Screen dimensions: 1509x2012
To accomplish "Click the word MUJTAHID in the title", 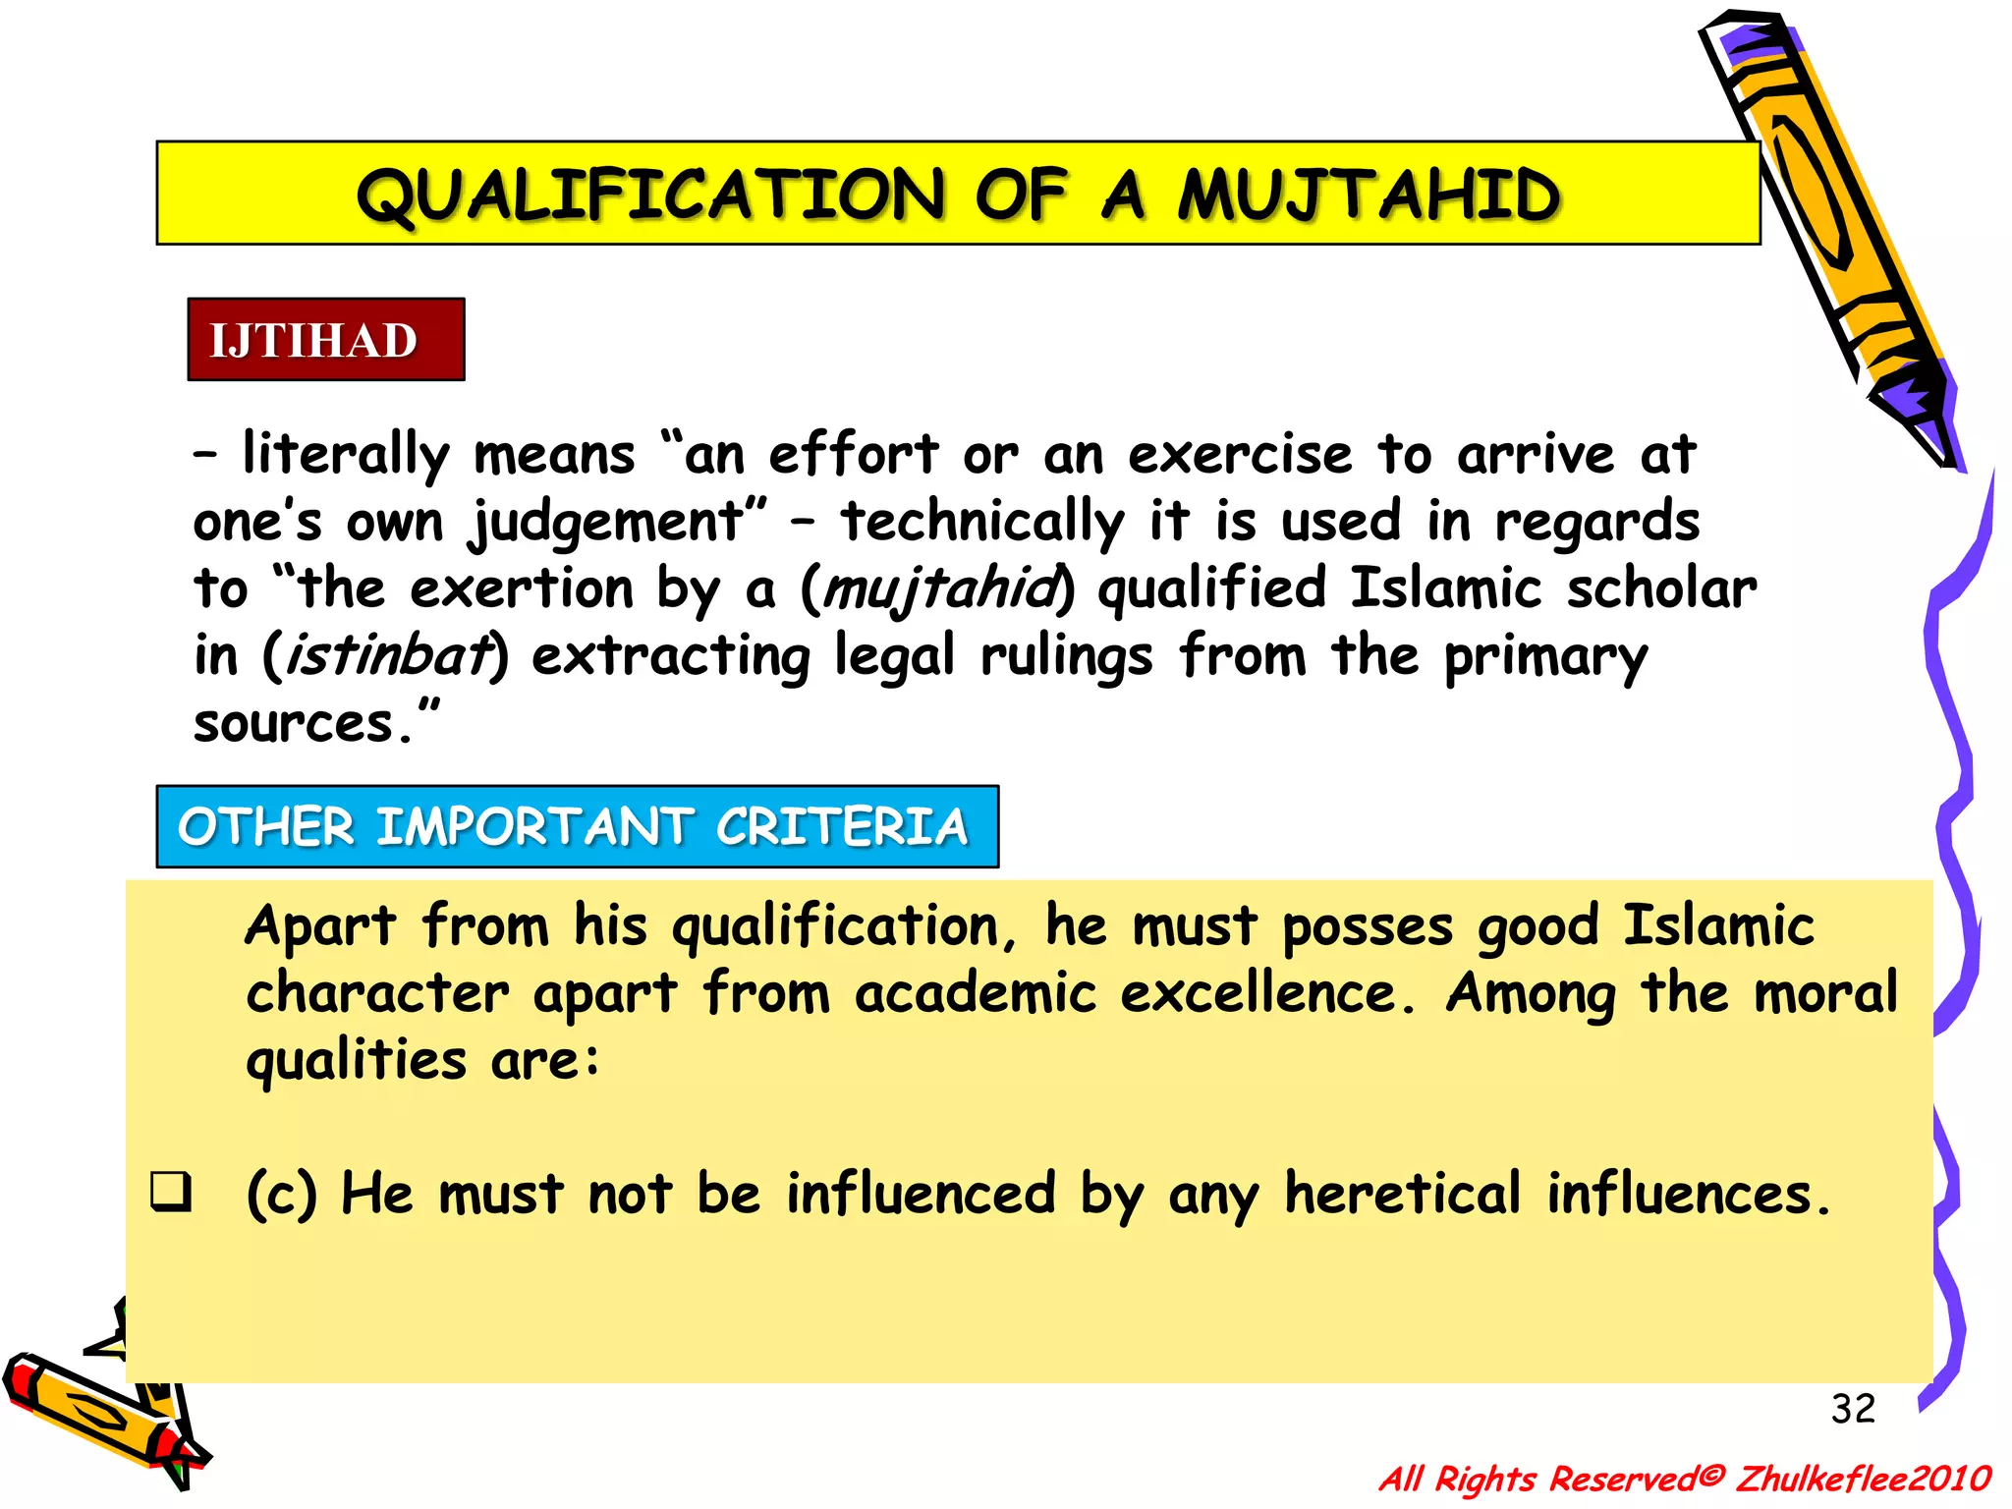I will coord(1368,195).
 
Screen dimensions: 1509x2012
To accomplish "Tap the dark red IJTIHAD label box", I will coord(325,340).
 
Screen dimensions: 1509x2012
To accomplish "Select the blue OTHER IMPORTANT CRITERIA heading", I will coord(577,826).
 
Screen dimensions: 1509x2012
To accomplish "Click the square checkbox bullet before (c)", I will coord(170,1192).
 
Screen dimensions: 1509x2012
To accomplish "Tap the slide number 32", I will coord(1853,1409).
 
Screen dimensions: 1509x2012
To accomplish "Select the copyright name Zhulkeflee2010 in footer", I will coord(1864,1478).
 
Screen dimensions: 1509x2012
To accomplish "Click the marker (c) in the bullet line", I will coord(281,1195).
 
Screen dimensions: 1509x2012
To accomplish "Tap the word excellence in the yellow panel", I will coord(1267,993).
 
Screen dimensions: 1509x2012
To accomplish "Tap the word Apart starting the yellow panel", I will coord(320,927).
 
